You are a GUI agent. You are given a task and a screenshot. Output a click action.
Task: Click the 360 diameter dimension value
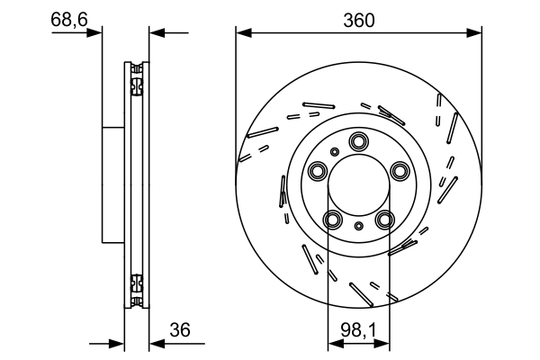[x=358, y=19]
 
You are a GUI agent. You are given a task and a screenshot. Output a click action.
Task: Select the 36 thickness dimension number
[x=180, y=330]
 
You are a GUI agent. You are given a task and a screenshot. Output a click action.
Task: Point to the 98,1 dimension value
[x=358, y=330]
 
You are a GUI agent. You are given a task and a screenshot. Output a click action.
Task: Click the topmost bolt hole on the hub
[x=359, y=140]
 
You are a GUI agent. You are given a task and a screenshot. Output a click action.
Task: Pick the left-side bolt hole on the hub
[x=317, y=171]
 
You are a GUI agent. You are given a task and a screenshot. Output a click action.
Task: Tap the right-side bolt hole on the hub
[x=400, y=171]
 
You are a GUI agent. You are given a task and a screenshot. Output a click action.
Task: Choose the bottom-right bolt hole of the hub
[x=385, y=220]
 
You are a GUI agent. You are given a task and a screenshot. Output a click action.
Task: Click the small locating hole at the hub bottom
[x=359, y=226]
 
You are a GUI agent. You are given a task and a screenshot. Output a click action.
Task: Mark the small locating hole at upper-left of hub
[x=334, y=151]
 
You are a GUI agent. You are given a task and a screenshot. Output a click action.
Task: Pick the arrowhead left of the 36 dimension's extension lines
[x=117, y=343]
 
